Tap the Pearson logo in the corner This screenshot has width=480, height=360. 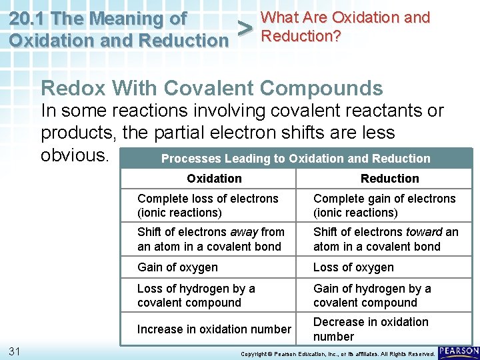point(459,351)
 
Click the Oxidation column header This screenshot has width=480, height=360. point(214,179)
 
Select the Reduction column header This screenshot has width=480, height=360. point(389,179)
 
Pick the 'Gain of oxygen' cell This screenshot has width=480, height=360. point(177,267)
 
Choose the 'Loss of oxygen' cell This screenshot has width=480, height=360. point(353,267)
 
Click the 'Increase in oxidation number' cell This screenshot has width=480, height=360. point(214,329)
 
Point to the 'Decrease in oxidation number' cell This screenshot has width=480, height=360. point(371,329)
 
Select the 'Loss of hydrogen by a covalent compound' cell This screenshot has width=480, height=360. point(196,295)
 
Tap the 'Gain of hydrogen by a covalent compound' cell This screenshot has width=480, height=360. point(372,295)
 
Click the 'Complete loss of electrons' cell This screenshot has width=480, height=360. point(207,205)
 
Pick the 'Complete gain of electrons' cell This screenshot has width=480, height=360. point(384,205)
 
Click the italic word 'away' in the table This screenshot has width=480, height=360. point(244,232)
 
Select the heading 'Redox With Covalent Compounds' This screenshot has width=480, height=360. point(211,88)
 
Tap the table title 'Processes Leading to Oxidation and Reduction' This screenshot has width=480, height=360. point(295,159)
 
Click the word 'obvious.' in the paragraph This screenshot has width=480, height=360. point(75,155)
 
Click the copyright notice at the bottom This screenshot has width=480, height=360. point(337,353)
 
